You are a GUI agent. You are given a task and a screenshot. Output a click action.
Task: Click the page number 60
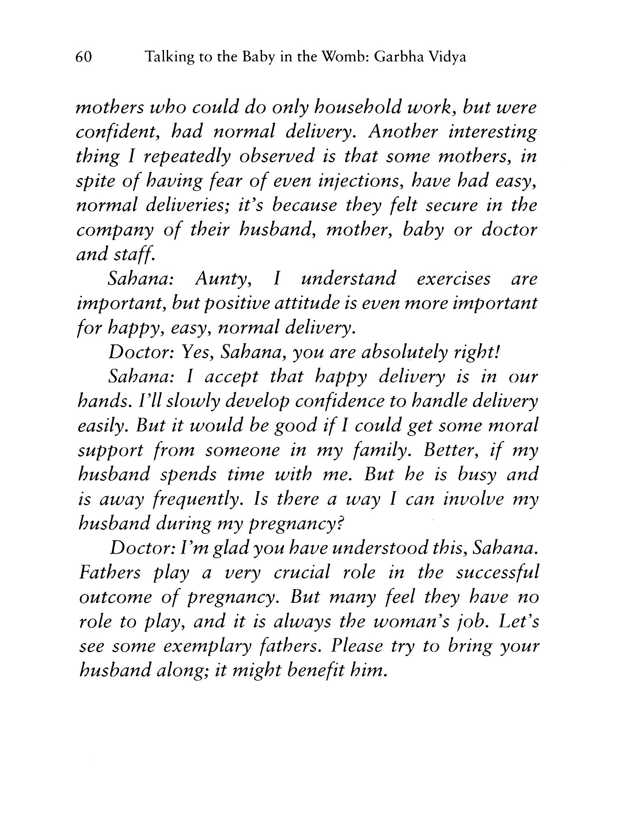(84, 57)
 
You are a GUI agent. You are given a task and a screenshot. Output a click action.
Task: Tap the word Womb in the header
(345, 57)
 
